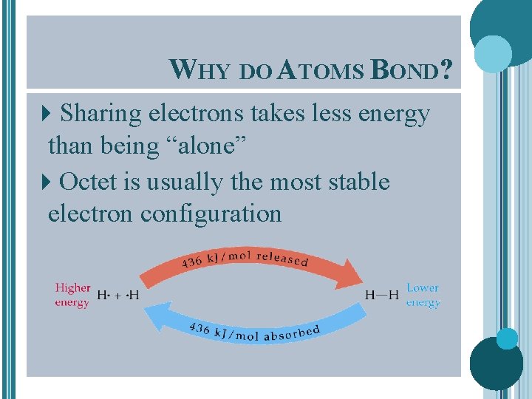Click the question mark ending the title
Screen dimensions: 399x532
point(446,69)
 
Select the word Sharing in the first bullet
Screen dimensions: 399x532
point(101,114)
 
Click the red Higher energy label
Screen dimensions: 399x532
point(72,295)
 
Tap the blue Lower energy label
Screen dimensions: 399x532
point(423,295)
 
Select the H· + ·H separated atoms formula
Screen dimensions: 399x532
point(117,296)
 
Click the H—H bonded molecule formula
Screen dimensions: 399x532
point(382,296)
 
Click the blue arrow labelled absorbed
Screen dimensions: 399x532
point(251,325)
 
